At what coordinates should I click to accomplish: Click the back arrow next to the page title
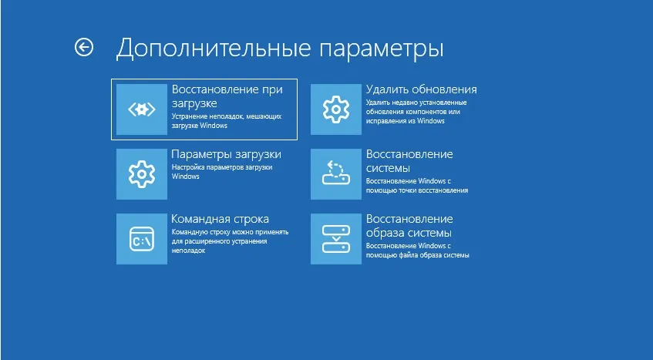click(x=83, y=48)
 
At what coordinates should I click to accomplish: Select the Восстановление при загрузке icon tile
click(x=141, y=109)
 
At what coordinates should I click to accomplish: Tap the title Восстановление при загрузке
click(x=227, y=96)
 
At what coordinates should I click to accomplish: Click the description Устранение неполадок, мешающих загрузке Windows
click(x=225, y=121)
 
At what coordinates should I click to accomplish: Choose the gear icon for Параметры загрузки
click(x=141, y=174)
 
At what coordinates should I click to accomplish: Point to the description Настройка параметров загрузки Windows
click(x=220, y=171)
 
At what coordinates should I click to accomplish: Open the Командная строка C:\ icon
click(x=141, y=239)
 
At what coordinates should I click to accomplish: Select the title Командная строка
click(x=220, y=219)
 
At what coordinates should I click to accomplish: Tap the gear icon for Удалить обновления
click(x=335, y=109)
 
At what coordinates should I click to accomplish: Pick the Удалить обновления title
click(x=421, y=89)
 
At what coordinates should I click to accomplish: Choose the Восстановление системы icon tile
click(x=335, y=174)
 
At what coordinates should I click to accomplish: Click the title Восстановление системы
click(x=409, y=160)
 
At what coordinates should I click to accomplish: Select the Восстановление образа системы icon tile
click(x=335, y=239)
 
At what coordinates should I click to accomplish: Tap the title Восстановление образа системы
click(x=409, y=225)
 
